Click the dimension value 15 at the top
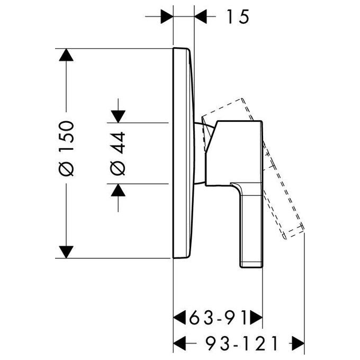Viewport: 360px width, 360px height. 238,16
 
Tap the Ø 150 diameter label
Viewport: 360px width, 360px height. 67,149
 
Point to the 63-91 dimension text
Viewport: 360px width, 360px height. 218,318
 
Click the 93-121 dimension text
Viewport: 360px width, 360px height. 242,344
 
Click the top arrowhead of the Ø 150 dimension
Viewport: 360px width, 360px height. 66,55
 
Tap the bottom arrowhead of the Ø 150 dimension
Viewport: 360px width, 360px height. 66,252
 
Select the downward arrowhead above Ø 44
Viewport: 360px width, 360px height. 118,116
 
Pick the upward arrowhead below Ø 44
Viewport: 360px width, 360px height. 118,190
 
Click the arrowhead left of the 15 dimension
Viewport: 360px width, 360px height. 167,16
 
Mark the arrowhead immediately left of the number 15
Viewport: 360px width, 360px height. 201,16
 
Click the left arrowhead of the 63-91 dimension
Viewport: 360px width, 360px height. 179,318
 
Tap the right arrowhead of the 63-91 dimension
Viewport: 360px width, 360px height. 256,318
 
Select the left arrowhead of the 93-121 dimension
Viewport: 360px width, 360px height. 179,344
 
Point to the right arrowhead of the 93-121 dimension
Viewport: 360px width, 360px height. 298,344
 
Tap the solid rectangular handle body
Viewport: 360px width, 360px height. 234,152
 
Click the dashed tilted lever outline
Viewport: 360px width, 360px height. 284,191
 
